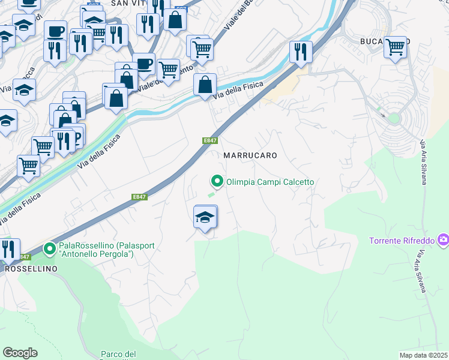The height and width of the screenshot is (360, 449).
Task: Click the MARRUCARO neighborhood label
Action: [x=250, y=155]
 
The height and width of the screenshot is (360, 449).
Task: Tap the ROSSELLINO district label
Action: [x=31, y=269]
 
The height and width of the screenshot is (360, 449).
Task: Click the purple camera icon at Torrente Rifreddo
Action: [x=443, y=240]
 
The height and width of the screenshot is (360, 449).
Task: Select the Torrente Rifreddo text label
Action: [x=402, y=241]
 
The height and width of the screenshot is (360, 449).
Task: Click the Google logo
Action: [x=20, y=353]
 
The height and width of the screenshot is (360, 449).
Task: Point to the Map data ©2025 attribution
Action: [x=423, y=355]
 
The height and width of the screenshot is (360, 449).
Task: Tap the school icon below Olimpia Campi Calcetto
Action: [x=205, y=218]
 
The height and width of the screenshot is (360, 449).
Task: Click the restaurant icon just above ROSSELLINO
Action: [x=8, y=248]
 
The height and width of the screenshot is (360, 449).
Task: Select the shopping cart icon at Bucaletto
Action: [x=396, y=47]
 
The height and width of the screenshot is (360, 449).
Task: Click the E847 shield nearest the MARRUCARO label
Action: [x=209, y=140]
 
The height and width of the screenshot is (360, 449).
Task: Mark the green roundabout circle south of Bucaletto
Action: [x=394, y=118]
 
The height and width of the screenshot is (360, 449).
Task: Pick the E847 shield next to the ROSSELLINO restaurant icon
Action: [x=24, y=257]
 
